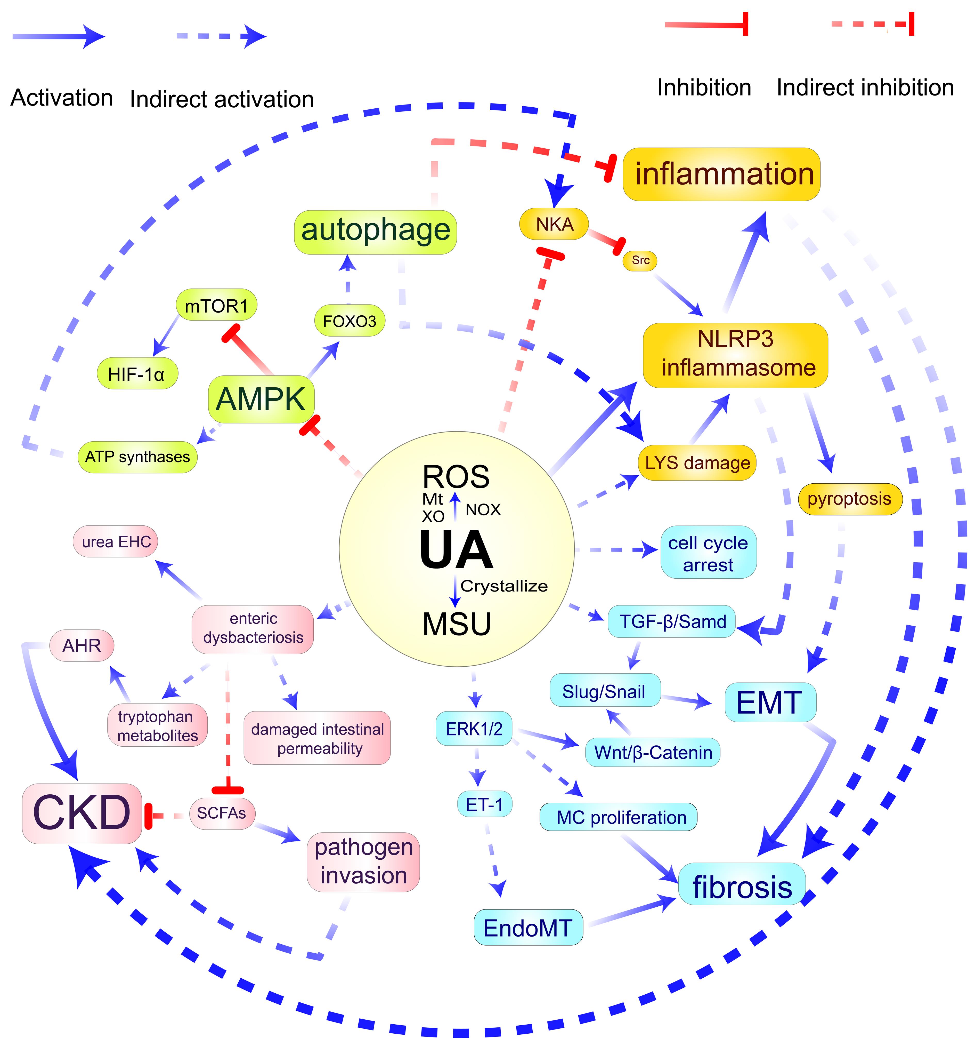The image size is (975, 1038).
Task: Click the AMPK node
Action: click(x=261, y=399)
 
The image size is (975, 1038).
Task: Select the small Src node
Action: click(x=640, y=260)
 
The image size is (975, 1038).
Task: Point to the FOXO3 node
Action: click(x=349, y=321)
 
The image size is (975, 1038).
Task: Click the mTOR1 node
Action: click(x=216, y=306)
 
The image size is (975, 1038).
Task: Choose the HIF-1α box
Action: click(x=137, y=374)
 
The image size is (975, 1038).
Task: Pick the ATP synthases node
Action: click(x=137, y=457)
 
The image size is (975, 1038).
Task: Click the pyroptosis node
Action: click(x=849, y=499)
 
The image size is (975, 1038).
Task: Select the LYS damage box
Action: click(x=697, y=463)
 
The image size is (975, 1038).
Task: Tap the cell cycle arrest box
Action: click(x=708, y=554)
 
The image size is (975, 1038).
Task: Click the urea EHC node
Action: click(x=116, y=541)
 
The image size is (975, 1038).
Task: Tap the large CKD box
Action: click(x=82, y=813)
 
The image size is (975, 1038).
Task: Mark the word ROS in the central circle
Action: click(x=456, y=476)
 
